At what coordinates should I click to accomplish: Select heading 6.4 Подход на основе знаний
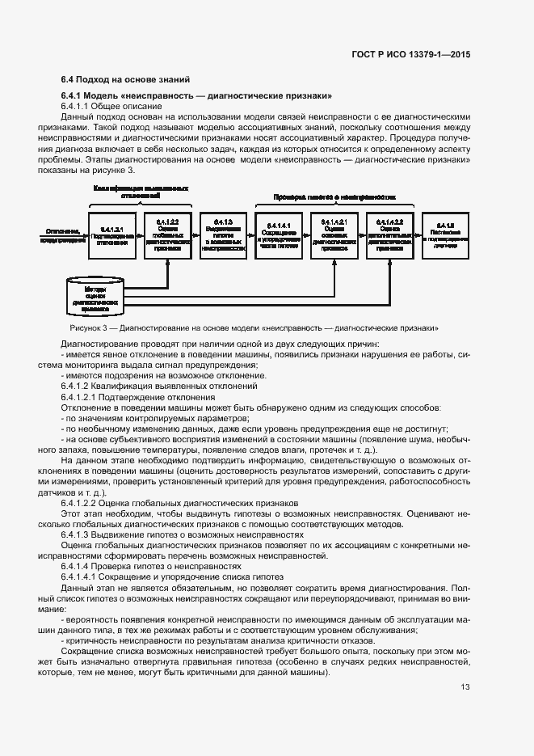125,79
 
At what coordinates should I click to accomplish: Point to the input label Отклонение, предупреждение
65,235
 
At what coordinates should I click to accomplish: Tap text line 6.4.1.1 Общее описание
105,107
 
